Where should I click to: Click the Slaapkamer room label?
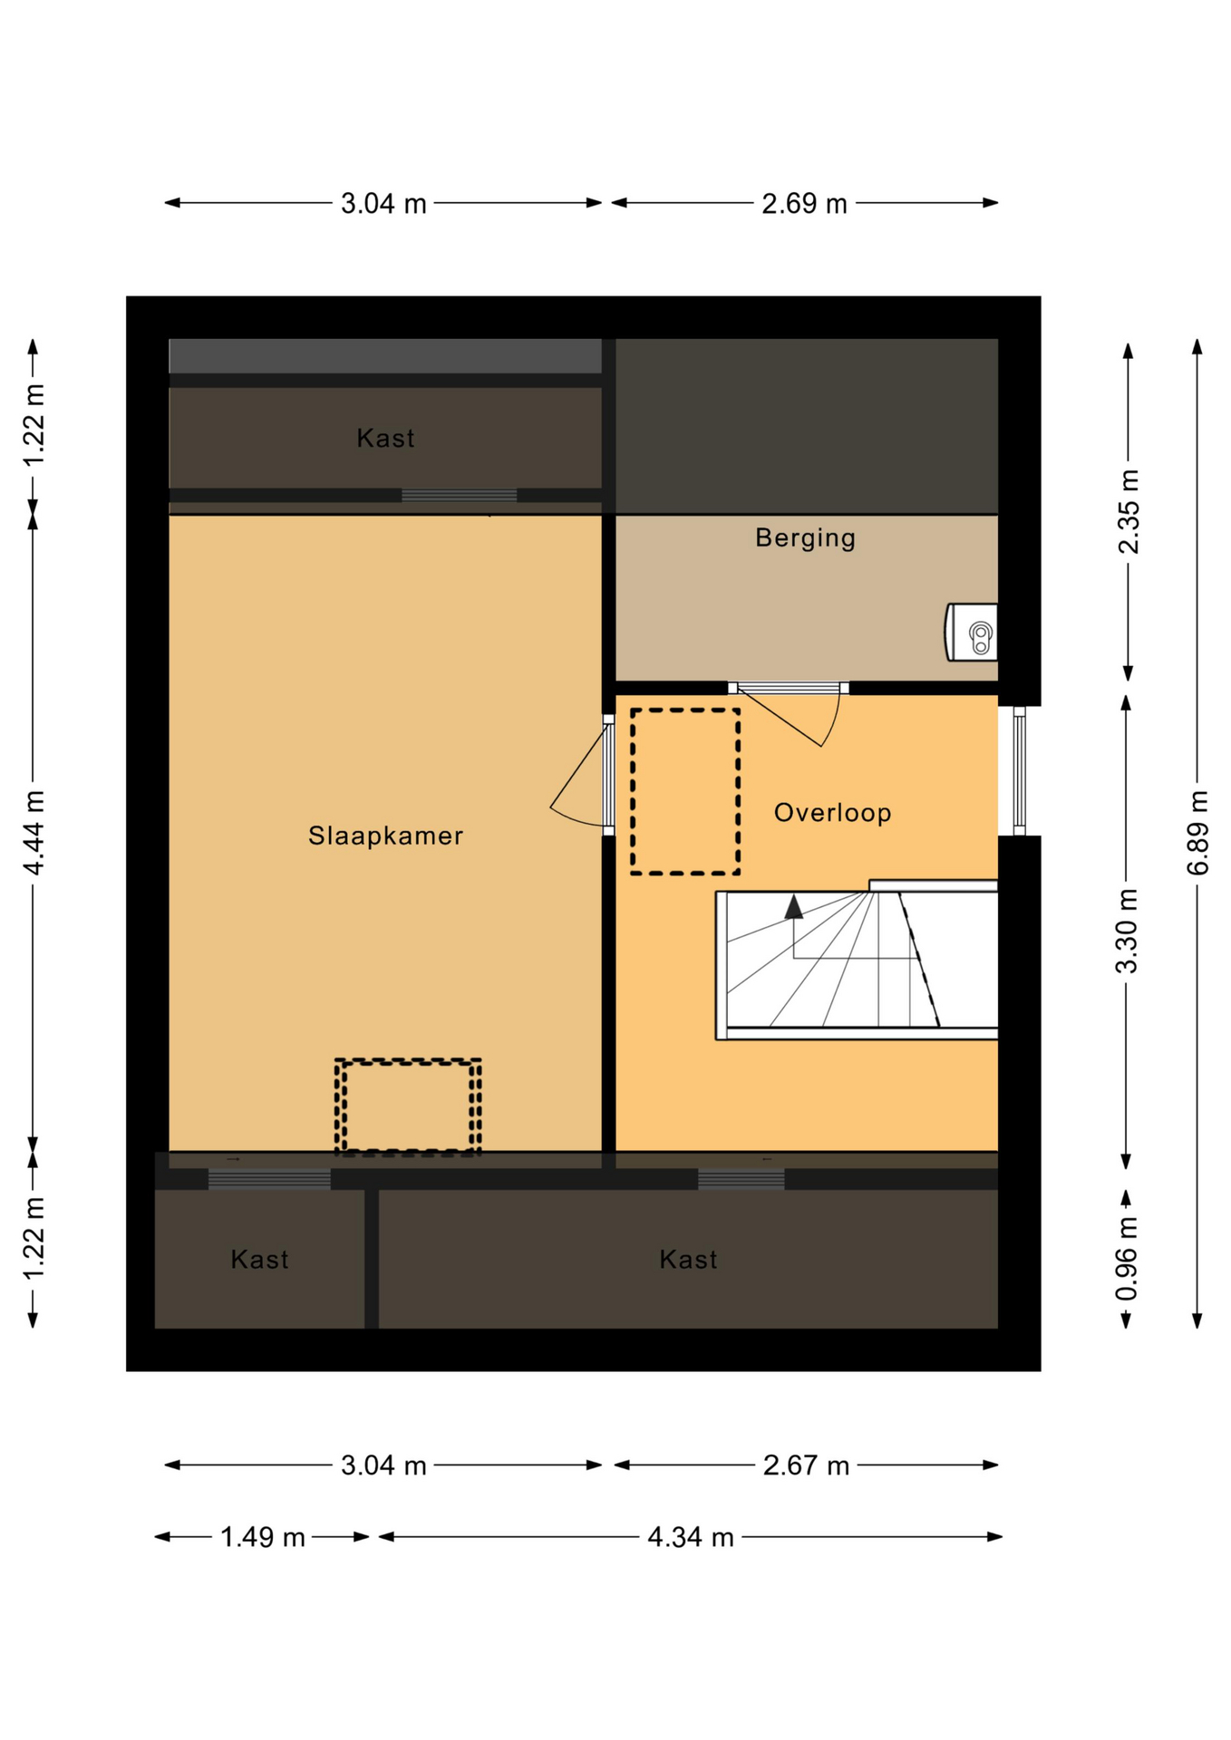point(385,836)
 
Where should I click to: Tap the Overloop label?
point(832,813)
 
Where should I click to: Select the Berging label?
point(805,538)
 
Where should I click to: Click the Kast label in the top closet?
point(385,439)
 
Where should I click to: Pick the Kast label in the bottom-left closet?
point(259,1260)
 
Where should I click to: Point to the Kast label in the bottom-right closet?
point(688,1260)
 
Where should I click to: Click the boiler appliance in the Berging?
point(971,632)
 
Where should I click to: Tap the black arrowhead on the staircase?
point(794,907)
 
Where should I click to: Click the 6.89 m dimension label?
point(1197,832)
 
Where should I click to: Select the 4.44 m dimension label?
point(34,832)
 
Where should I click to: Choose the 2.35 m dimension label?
point(1128,511)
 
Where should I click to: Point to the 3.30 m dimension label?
point(1126,931)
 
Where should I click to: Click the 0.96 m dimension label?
point(1126,1259)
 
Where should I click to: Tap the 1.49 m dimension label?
point(263,1538)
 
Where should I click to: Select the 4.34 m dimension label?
point(690,1538)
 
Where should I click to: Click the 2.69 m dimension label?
point(804,204)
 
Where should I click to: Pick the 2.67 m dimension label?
point(806,1466)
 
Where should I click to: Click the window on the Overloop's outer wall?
point(1019,770)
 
